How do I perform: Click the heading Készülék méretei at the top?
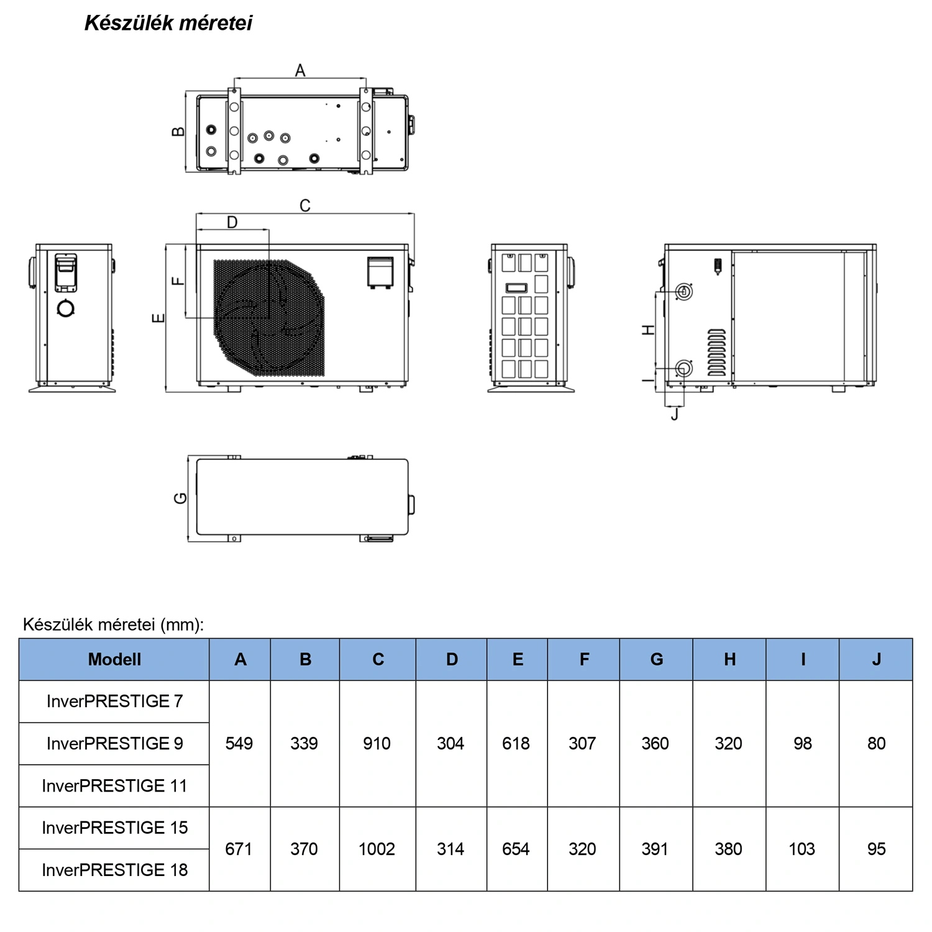168,23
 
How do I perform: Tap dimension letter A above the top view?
300,71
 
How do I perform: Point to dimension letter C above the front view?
305,206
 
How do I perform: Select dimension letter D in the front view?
232,222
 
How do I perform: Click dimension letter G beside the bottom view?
180,498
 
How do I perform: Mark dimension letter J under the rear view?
675,414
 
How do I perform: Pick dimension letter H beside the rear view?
648,330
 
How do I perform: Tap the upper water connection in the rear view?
684,291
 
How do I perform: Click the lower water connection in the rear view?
684,368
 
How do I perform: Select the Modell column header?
114,659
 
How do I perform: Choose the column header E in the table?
518,659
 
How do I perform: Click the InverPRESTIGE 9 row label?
114,743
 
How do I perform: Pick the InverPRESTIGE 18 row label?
114,870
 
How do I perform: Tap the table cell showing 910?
377,743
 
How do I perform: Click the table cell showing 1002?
377,849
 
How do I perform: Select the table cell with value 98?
803,743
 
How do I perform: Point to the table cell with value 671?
239,849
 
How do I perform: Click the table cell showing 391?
656,849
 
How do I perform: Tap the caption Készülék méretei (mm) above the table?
113,624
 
